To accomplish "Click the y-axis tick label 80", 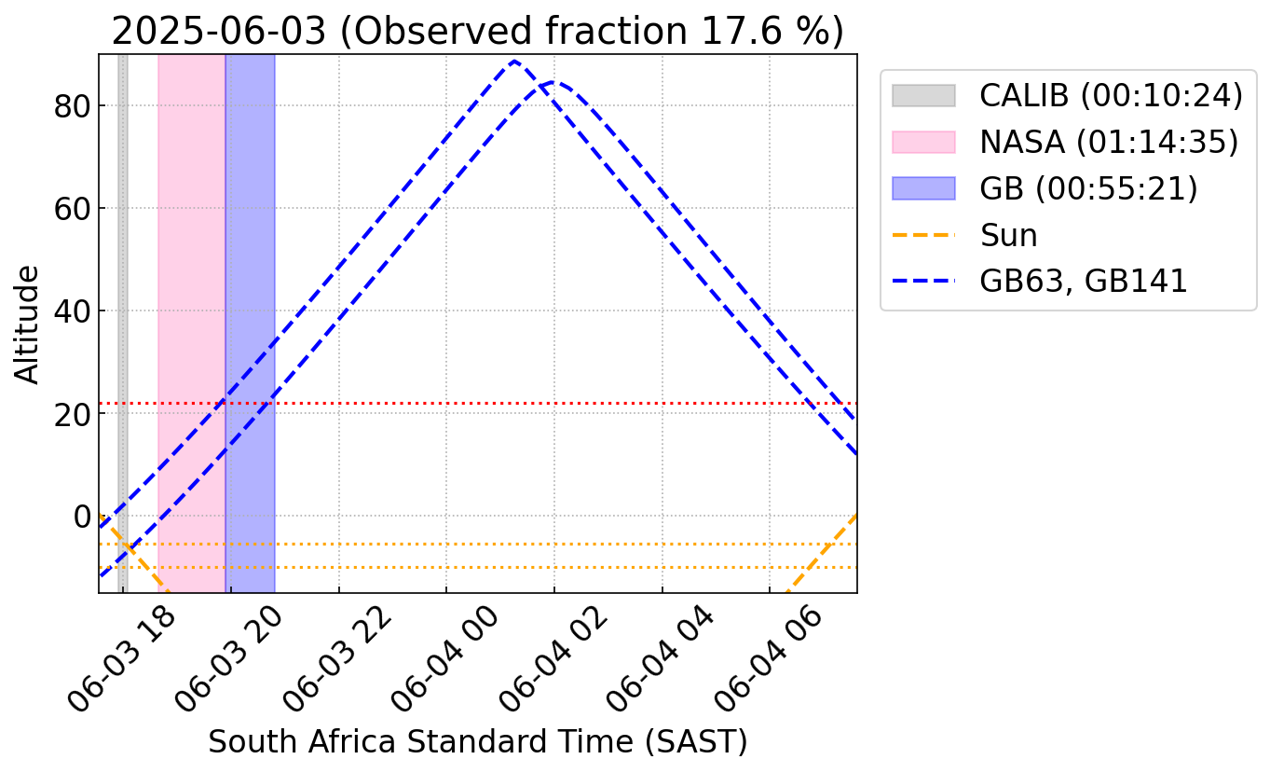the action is click(x=72, y=106).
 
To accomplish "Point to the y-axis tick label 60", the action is click(x=72, y=209).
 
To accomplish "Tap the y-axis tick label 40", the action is click(x=72, y=311).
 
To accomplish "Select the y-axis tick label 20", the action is click(x=72, y=414).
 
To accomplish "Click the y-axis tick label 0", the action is click(x=82, y=517).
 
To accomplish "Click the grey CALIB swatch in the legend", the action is click(x=923, y=95).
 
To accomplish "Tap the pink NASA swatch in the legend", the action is click(x=923, y=142).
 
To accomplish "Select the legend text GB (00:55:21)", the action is click(x=1088, y=188).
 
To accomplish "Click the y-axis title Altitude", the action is click(x=26, y=325).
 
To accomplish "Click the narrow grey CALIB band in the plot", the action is click(x=122, y=324).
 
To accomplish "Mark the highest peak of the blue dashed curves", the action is click(x=514, y=61).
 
